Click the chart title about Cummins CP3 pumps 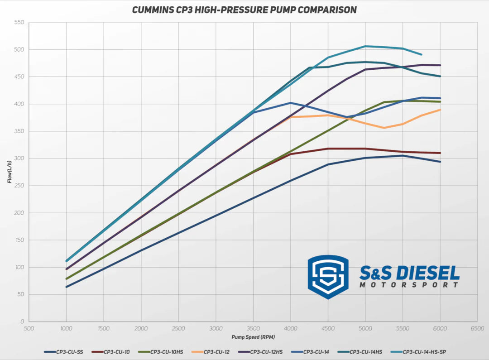tap(244, 10)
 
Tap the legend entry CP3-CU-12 tap(216, 351)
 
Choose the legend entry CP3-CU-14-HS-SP tap(427, 351)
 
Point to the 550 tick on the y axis tap(19, 22)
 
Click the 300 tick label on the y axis tap(19, 158)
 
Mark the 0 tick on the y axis tap(22, 322)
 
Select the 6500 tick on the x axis tap(477, 329)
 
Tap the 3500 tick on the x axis tap(253, 329)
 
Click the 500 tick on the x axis tap(29, 329)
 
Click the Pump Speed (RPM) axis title tap(253, 337)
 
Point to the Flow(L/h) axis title tap(10, 172)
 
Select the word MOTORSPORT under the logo tap(409, 285)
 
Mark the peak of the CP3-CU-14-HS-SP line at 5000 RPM tap(365, 46)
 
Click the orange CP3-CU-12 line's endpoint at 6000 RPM tap(440, 110)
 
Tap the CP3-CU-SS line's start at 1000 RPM tap(67, 287)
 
